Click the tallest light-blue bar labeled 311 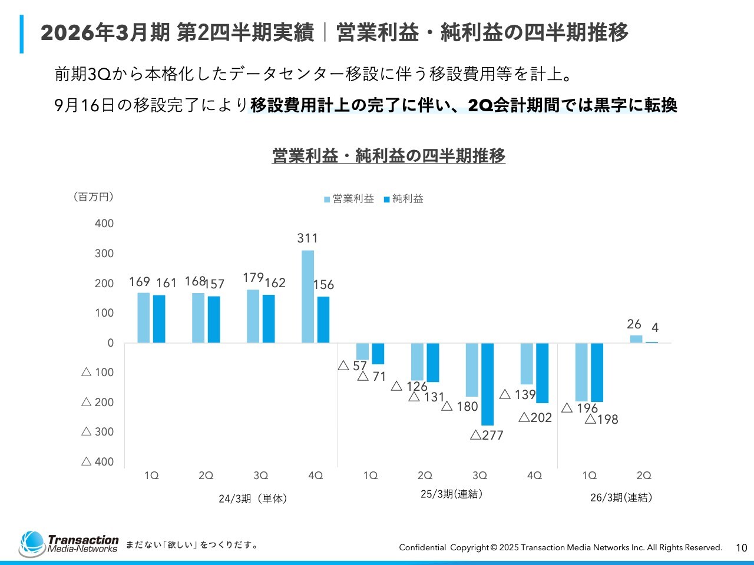tap(307, 297)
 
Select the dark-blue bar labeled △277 tap(487, 384)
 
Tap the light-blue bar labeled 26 tap(636, 339)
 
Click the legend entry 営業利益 tap(349, 199)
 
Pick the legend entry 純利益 tap(404, 199)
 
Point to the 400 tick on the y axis tap(104, 224)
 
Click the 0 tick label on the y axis tap(110, 343)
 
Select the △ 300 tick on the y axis tap(98, 432)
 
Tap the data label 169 tap(140, 282)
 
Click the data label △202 tap(535, 418)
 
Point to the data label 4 tap(655, 328)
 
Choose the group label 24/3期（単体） tap(253, 499)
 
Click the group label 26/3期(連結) tap(621, 498)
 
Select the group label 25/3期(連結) tap(452, 494)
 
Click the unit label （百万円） tap(94, 197)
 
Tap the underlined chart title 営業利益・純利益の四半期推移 tap(389, 156)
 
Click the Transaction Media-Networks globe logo tap(32, 544)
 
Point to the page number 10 tap(742, 548)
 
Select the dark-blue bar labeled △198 tap(597, 373)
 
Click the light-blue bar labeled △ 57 tap(362, 351)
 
